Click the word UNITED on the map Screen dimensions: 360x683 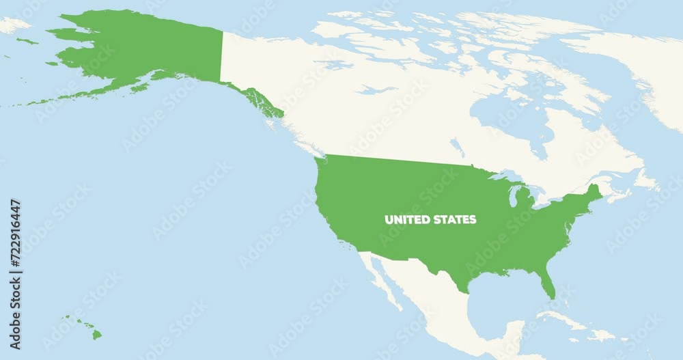coord(408,220)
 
